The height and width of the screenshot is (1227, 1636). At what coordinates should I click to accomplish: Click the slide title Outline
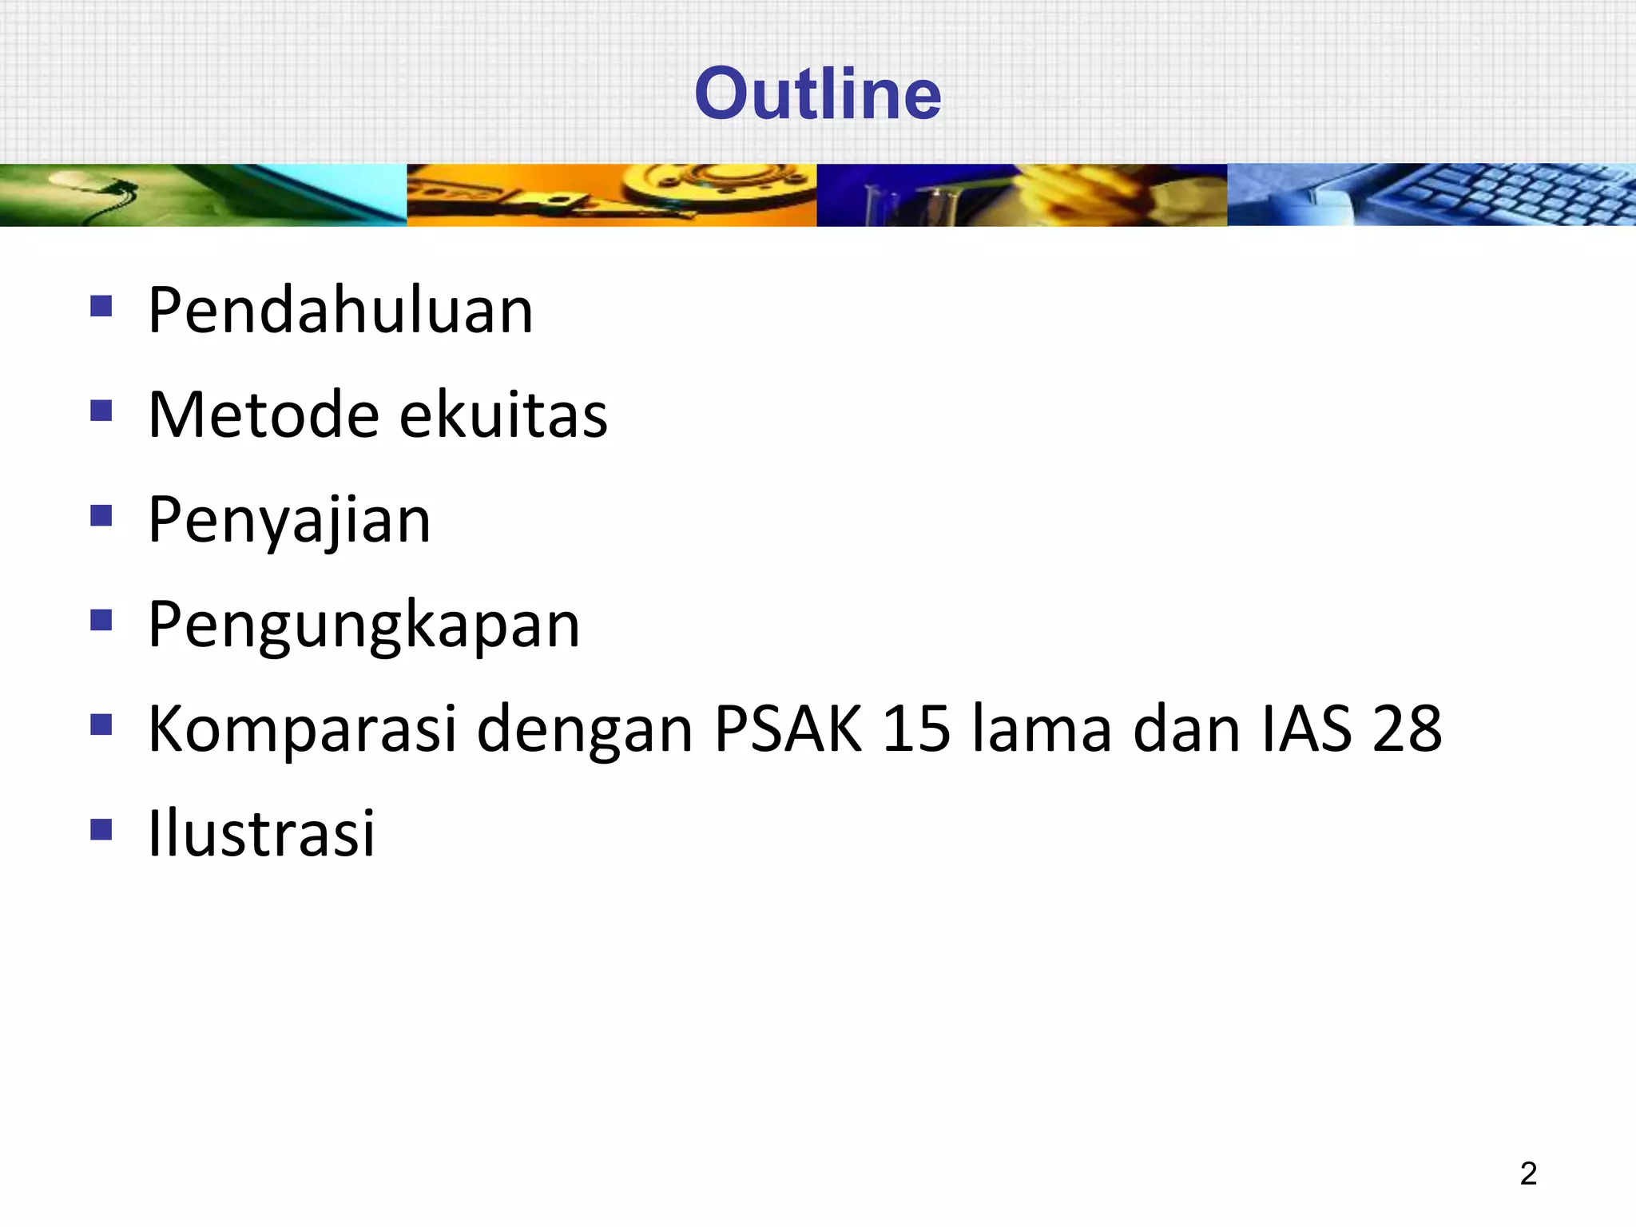(x=818, y=93)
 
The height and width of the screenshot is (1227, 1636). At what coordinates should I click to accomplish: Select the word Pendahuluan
(x=340, y=310)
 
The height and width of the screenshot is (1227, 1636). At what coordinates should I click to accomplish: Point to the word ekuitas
(x=503, y=415)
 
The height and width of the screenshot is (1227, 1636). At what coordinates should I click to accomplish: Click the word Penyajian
(x=289, y=521)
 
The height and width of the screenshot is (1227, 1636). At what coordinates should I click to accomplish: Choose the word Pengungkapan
(x=363, y=625)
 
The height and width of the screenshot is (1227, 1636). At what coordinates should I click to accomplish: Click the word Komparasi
(x=302, y=729)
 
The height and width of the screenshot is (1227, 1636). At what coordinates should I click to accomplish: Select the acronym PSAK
(x=788, y=729)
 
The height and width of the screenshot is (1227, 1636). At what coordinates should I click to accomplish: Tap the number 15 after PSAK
(x=917, y=729)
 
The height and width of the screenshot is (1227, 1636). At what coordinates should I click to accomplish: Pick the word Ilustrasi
(x=261, y=833)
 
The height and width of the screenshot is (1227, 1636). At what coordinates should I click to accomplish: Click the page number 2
(x=1527, y=1173)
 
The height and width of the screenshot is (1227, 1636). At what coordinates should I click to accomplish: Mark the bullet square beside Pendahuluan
(x=101, y=306)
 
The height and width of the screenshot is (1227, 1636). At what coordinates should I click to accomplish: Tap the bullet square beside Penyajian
(x=101, y=515)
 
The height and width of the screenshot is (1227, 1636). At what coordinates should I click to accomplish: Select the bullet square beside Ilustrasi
(x=101, y=829)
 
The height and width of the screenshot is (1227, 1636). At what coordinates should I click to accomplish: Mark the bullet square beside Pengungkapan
(x=101, y=620)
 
